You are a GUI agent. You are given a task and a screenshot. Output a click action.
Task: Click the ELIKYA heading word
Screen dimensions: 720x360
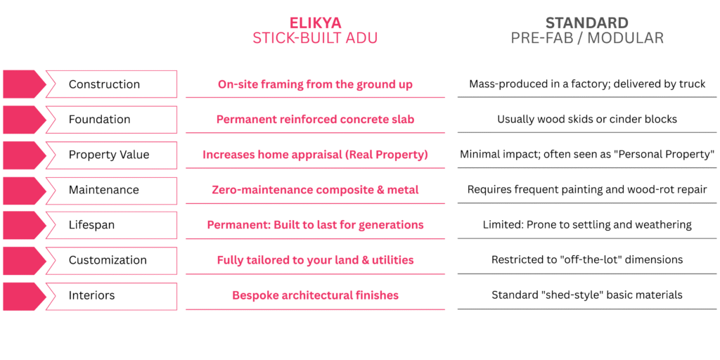[x=315, y=22]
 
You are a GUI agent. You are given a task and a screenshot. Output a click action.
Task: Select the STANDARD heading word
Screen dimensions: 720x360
[x=587, y=22]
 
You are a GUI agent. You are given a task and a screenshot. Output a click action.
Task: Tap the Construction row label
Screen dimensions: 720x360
[x=104, y=84]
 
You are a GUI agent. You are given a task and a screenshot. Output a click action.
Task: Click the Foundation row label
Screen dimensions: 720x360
[x=100, y=120]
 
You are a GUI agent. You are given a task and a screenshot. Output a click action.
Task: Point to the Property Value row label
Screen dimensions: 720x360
[x=109, y=155]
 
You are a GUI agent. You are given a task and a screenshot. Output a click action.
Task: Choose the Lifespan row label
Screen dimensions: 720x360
[x=92, y=226]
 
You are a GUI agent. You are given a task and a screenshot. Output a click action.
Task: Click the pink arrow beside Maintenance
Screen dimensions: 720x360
[x=25, y=191]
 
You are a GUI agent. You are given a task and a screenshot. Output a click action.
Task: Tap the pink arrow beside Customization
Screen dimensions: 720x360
[x=25, y=261]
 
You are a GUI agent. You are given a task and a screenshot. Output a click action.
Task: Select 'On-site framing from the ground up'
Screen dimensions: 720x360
[x=315, y=84]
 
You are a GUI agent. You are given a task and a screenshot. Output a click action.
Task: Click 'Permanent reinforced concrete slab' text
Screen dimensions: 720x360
[x=315, y=120]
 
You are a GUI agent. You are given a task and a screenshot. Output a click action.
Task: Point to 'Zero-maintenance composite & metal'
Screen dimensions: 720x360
[x=315, y=190]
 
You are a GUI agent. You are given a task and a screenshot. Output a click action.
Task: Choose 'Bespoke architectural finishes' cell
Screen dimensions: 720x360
[x=315, y=295]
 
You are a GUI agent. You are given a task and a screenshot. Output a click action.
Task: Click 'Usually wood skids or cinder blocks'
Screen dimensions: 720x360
[x=587, y=120]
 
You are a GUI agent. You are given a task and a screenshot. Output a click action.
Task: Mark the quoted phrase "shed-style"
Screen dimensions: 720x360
[x=576, y=295]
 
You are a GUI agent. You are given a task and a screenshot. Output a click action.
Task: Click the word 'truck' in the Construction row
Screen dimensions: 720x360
[x=693, y=84]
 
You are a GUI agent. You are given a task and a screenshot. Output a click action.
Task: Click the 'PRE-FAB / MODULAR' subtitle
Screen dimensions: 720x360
[x=587, y=38]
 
